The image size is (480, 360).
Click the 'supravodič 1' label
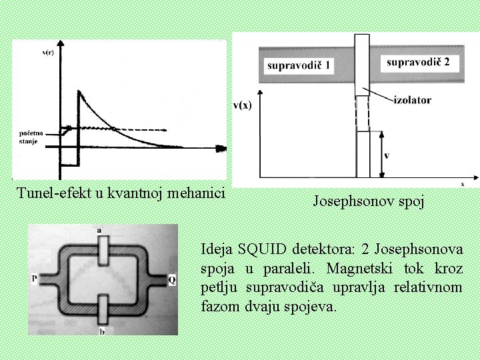[x=300, y=65]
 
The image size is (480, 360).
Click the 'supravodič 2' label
[x=418, y=62]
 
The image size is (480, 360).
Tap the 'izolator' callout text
[x=413, y=100]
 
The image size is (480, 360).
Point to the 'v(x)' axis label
[x=243, y=105]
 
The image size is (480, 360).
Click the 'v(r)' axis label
[x=48, y=52]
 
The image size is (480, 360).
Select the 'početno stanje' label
[x=29, y=137]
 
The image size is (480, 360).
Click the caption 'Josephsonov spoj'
[x=368, y=201]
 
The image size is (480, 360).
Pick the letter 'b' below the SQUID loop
[x=101, y=331]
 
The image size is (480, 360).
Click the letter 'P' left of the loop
[x=34, y=279]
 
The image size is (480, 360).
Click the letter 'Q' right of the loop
[x=172, y=280]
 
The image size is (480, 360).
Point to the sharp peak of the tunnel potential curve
[x=79, y=91]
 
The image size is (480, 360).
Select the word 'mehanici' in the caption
[x=197, y=193]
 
